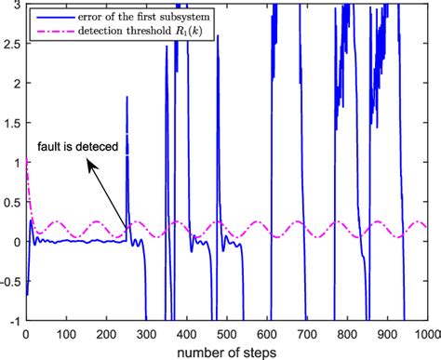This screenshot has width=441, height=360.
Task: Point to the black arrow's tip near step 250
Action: [127, 230]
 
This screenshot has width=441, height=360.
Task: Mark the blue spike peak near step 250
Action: [127, 97]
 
